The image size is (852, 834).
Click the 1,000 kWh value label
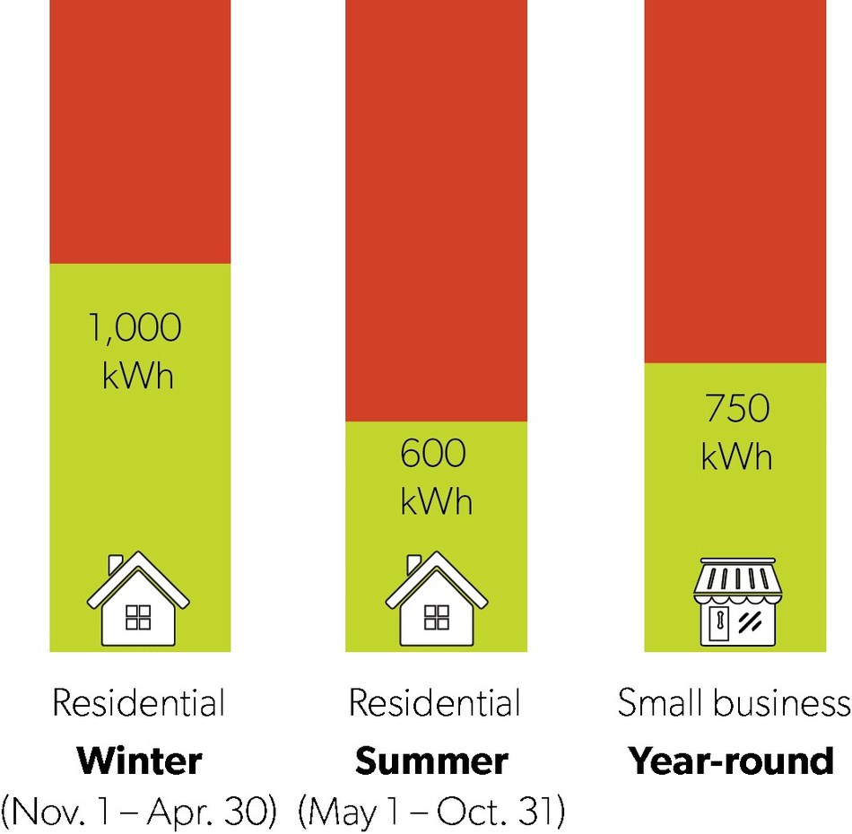(x=139, y=351)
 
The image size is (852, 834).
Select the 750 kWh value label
(x=735, y=432)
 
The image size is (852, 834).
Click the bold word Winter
(x=139, y=761)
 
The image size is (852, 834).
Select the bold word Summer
(x=431, y=761)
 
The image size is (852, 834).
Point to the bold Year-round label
(x=731, y=761)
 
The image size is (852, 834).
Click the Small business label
(x=734, y=704)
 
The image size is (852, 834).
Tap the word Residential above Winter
(x=139, y=704)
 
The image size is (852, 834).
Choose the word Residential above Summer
(x=435, y=704)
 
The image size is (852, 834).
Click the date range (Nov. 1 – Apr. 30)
(x=139, y=812)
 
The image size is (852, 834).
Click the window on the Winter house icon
(x=138, y=617)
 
